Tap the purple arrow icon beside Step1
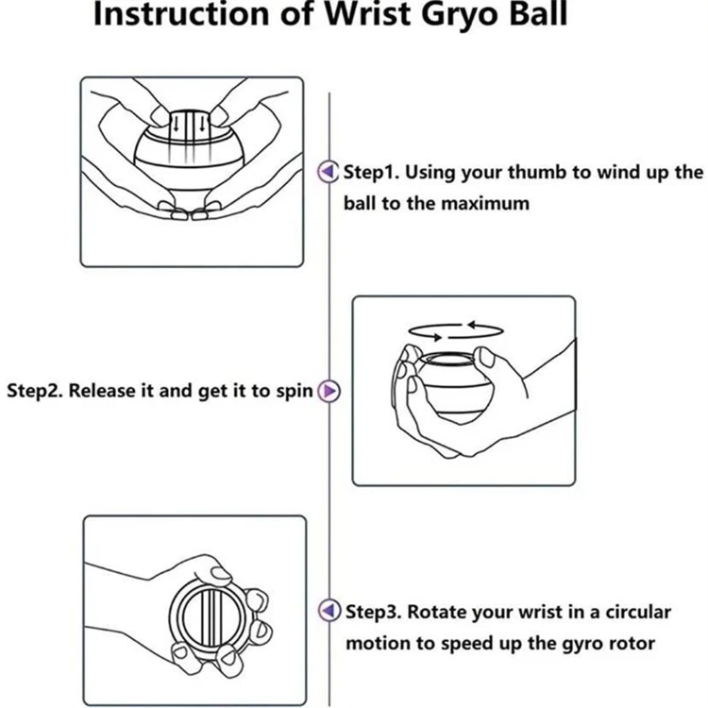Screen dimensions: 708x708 [328, 172]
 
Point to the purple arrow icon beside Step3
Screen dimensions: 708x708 [328, 612]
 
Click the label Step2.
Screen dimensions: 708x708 [35, 390]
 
